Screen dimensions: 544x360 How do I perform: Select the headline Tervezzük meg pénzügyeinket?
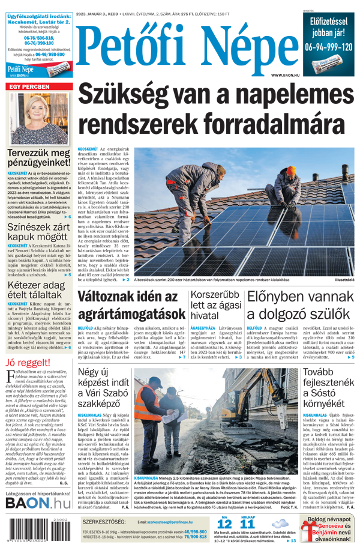pos(38,158)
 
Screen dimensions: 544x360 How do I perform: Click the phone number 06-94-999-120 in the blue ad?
pos(329,46)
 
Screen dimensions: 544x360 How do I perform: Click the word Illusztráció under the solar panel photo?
pos(345,280)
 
